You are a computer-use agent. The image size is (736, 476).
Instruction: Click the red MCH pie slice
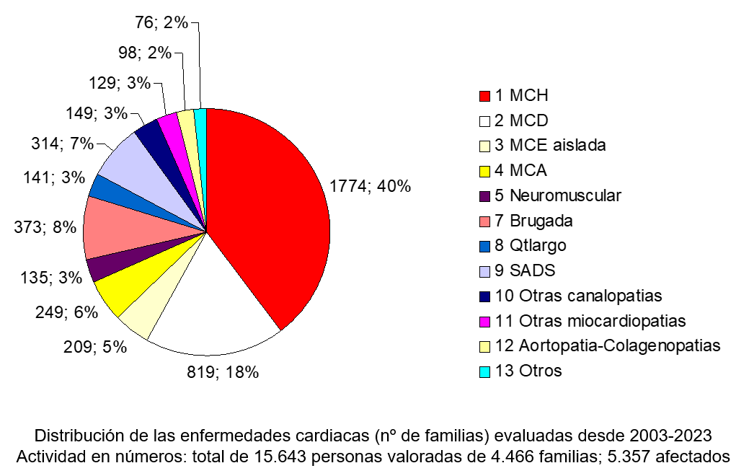click(x=274, y=209)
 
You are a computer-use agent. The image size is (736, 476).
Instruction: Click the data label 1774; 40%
click(x=370, y=186)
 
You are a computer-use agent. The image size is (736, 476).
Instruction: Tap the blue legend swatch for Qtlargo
click(x=485, y=246)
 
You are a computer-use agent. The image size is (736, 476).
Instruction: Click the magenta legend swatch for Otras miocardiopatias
click(x=485, y=321)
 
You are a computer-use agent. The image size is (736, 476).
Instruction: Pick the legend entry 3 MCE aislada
click(x=551, y=145)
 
